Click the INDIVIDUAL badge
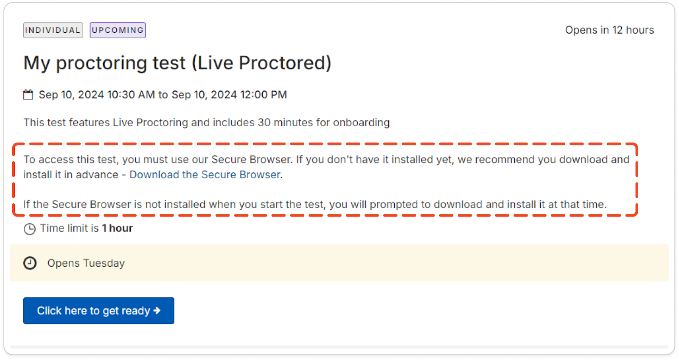click(53, 30)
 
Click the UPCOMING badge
click(118, 30)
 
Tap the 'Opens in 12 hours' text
click(609, 30)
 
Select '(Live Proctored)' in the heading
click(261, 63)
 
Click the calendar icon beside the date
click(28, 94)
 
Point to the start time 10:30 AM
click(131, 95)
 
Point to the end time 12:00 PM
click(264, 95)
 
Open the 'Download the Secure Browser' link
click(205, 174)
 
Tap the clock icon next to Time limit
click(29, 229)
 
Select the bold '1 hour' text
click(117, 228)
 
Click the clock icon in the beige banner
click(30, 263)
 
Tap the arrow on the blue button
click(157, 311)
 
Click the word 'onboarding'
click(361, 123)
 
